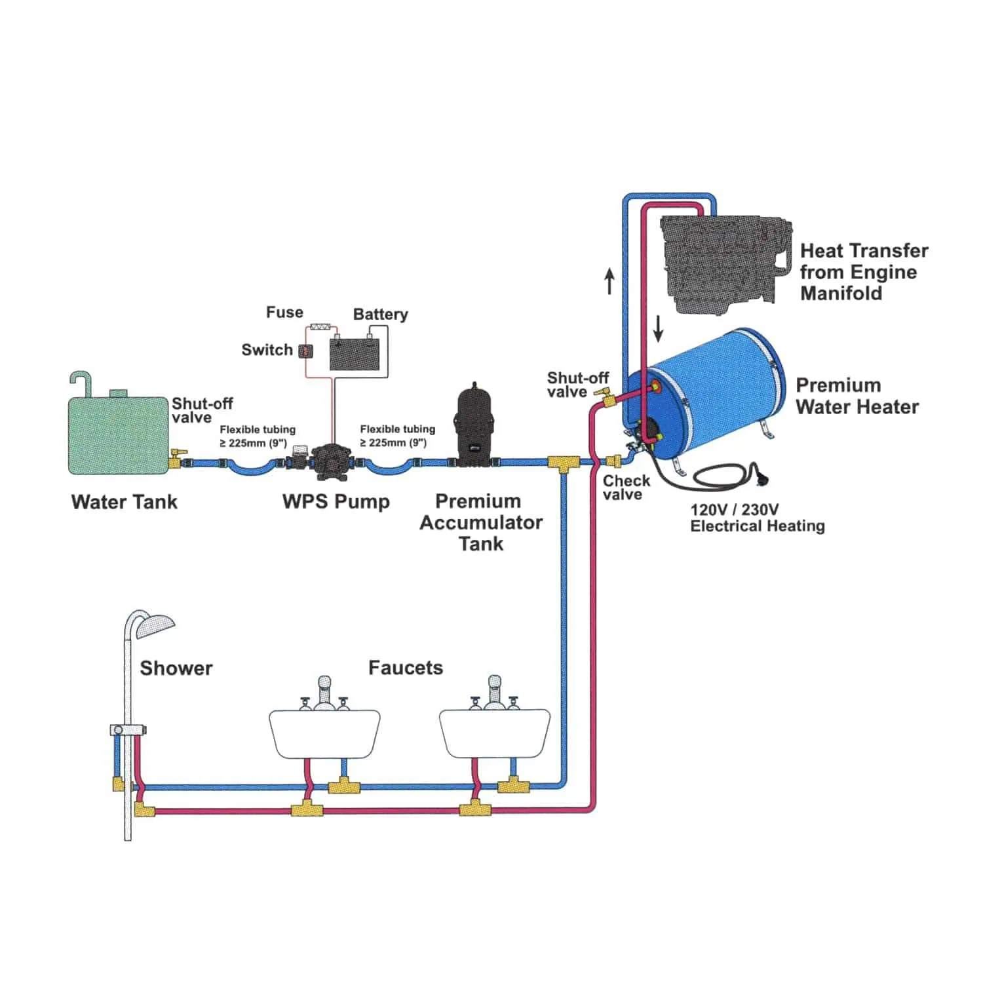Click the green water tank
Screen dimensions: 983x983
(x=119, y=434)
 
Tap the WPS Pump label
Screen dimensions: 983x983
(x=336, y=502)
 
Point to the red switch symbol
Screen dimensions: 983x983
(x=305, y=351)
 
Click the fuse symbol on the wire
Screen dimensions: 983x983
(x=324, y=326)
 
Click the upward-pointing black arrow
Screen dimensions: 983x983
(x=609, y=281)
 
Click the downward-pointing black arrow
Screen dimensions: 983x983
(x=658, y=328)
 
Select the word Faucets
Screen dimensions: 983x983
(x=405, y=668)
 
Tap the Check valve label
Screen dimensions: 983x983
(x=625, y=488)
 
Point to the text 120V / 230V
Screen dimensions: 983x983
(x=734, y=510)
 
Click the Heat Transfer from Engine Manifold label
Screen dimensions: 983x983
(x=863, y=272)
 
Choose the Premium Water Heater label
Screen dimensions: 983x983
(x=857, y=396)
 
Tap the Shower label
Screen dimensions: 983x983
(x=176, y=668)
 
